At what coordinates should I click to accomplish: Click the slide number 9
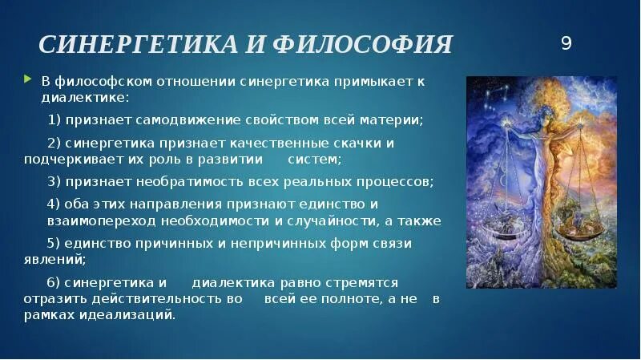pyautogui.click(x=566, y=44)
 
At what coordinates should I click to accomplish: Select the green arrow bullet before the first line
pyautogui.click(x=29, y=79)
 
